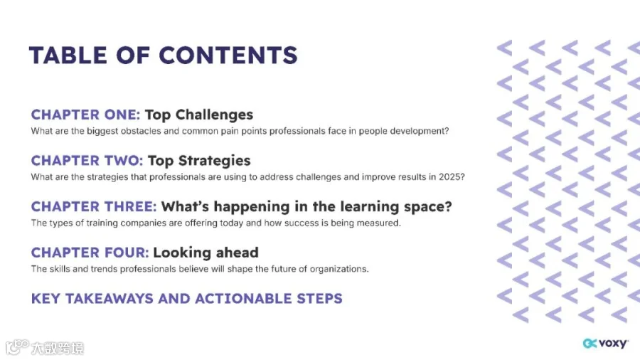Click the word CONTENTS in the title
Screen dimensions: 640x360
228,55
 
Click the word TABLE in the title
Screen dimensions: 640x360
68,55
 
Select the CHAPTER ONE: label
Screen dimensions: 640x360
86,115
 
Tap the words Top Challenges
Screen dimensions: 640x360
199,115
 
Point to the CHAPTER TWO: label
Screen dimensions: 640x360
87,161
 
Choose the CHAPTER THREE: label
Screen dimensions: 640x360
94,206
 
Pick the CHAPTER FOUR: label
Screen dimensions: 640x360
90,253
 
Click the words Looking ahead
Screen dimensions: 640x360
206,253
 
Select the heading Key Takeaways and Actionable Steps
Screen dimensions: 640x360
187,299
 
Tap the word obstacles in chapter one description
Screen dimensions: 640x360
141,131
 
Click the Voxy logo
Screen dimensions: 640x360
606,343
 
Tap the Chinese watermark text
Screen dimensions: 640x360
58,348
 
